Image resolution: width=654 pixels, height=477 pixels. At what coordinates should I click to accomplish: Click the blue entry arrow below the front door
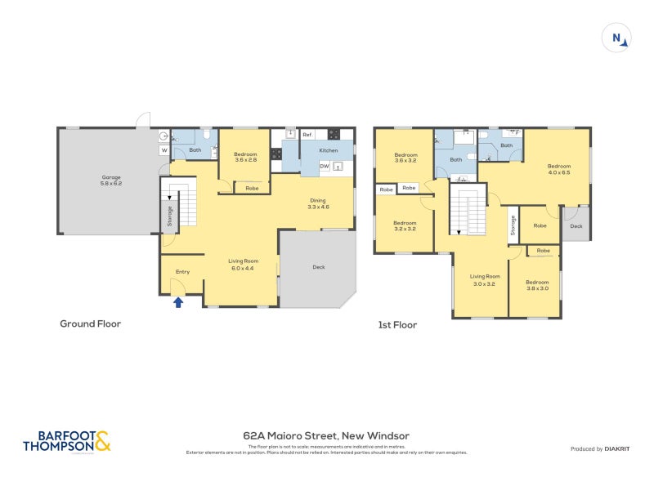[x=178, y=302]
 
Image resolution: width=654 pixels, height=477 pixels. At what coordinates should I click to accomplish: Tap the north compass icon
[x=615, y=38]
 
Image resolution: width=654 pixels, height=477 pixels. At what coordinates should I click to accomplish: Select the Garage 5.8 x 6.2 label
[x=111, y=181]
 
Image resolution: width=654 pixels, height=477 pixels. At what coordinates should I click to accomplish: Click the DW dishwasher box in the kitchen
[x=325, y=167]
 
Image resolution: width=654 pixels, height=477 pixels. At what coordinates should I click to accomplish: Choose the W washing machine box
[x=164, y=150]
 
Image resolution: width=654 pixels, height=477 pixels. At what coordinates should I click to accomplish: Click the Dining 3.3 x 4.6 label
[x=318, y=204]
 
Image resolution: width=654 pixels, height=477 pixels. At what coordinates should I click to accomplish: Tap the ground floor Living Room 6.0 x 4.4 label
[x=243, y=264]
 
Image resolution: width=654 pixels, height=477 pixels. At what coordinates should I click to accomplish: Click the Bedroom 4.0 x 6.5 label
[x=558, y=169]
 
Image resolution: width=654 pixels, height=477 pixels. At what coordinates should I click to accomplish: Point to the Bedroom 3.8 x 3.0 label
[x=536, y=285]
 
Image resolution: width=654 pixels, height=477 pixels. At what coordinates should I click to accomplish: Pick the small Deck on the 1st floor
[x=576, y=226]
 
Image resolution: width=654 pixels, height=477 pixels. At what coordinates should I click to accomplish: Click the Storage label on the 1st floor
[x=513, y=225]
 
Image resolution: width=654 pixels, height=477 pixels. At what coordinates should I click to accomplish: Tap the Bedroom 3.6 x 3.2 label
[x=405, y=158]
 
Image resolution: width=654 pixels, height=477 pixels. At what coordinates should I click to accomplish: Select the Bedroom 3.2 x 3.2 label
[x=405, y=226]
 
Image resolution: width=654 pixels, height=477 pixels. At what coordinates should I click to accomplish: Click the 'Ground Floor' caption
[x=90, y=324]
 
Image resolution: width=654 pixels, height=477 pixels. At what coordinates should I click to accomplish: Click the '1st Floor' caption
[x=397, y=325]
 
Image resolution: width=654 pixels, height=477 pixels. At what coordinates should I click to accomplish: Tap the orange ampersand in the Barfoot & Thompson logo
[x=102, y=442]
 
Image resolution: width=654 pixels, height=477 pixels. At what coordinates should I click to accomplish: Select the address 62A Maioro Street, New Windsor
[x=326, y=435]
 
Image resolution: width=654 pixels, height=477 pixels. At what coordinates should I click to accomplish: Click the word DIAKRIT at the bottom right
[x=620, y=449]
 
